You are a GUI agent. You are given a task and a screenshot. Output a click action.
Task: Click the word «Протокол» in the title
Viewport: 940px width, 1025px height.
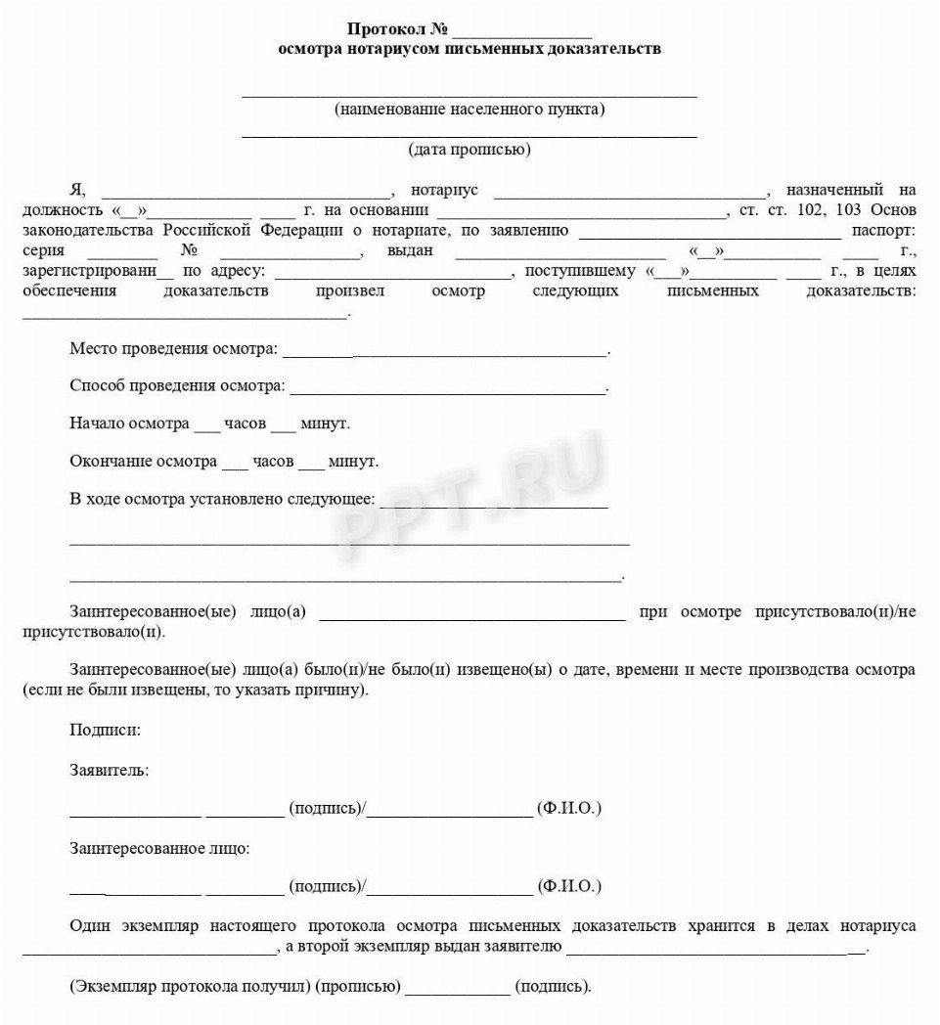[385, 28]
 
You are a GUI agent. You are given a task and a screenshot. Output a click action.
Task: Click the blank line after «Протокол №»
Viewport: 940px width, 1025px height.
[522, 30]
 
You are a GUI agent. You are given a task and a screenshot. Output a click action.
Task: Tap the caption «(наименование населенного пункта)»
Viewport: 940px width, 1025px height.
[470, 109]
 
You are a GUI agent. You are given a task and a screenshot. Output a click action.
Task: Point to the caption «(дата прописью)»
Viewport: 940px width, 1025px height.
[470, 150]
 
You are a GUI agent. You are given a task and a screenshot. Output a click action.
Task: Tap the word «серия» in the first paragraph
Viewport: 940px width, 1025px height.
[43, 251]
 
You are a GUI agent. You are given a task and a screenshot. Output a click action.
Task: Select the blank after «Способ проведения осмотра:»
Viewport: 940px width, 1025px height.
[448, 387]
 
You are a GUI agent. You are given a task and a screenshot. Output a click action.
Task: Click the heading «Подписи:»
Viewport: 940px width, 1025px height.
[105, 730]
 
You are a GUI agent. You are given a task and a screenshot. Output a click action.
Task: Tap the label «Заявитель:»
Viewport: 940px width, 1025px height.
[110, 770]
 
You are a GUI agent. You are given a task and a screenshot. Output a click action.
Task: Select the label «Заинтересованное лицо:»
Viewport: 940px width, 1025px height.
[159, 848]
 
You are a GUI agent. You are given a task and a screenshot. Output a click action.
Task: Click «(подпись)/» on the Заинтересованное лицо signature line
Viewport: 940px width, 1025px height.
[327, 886]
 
